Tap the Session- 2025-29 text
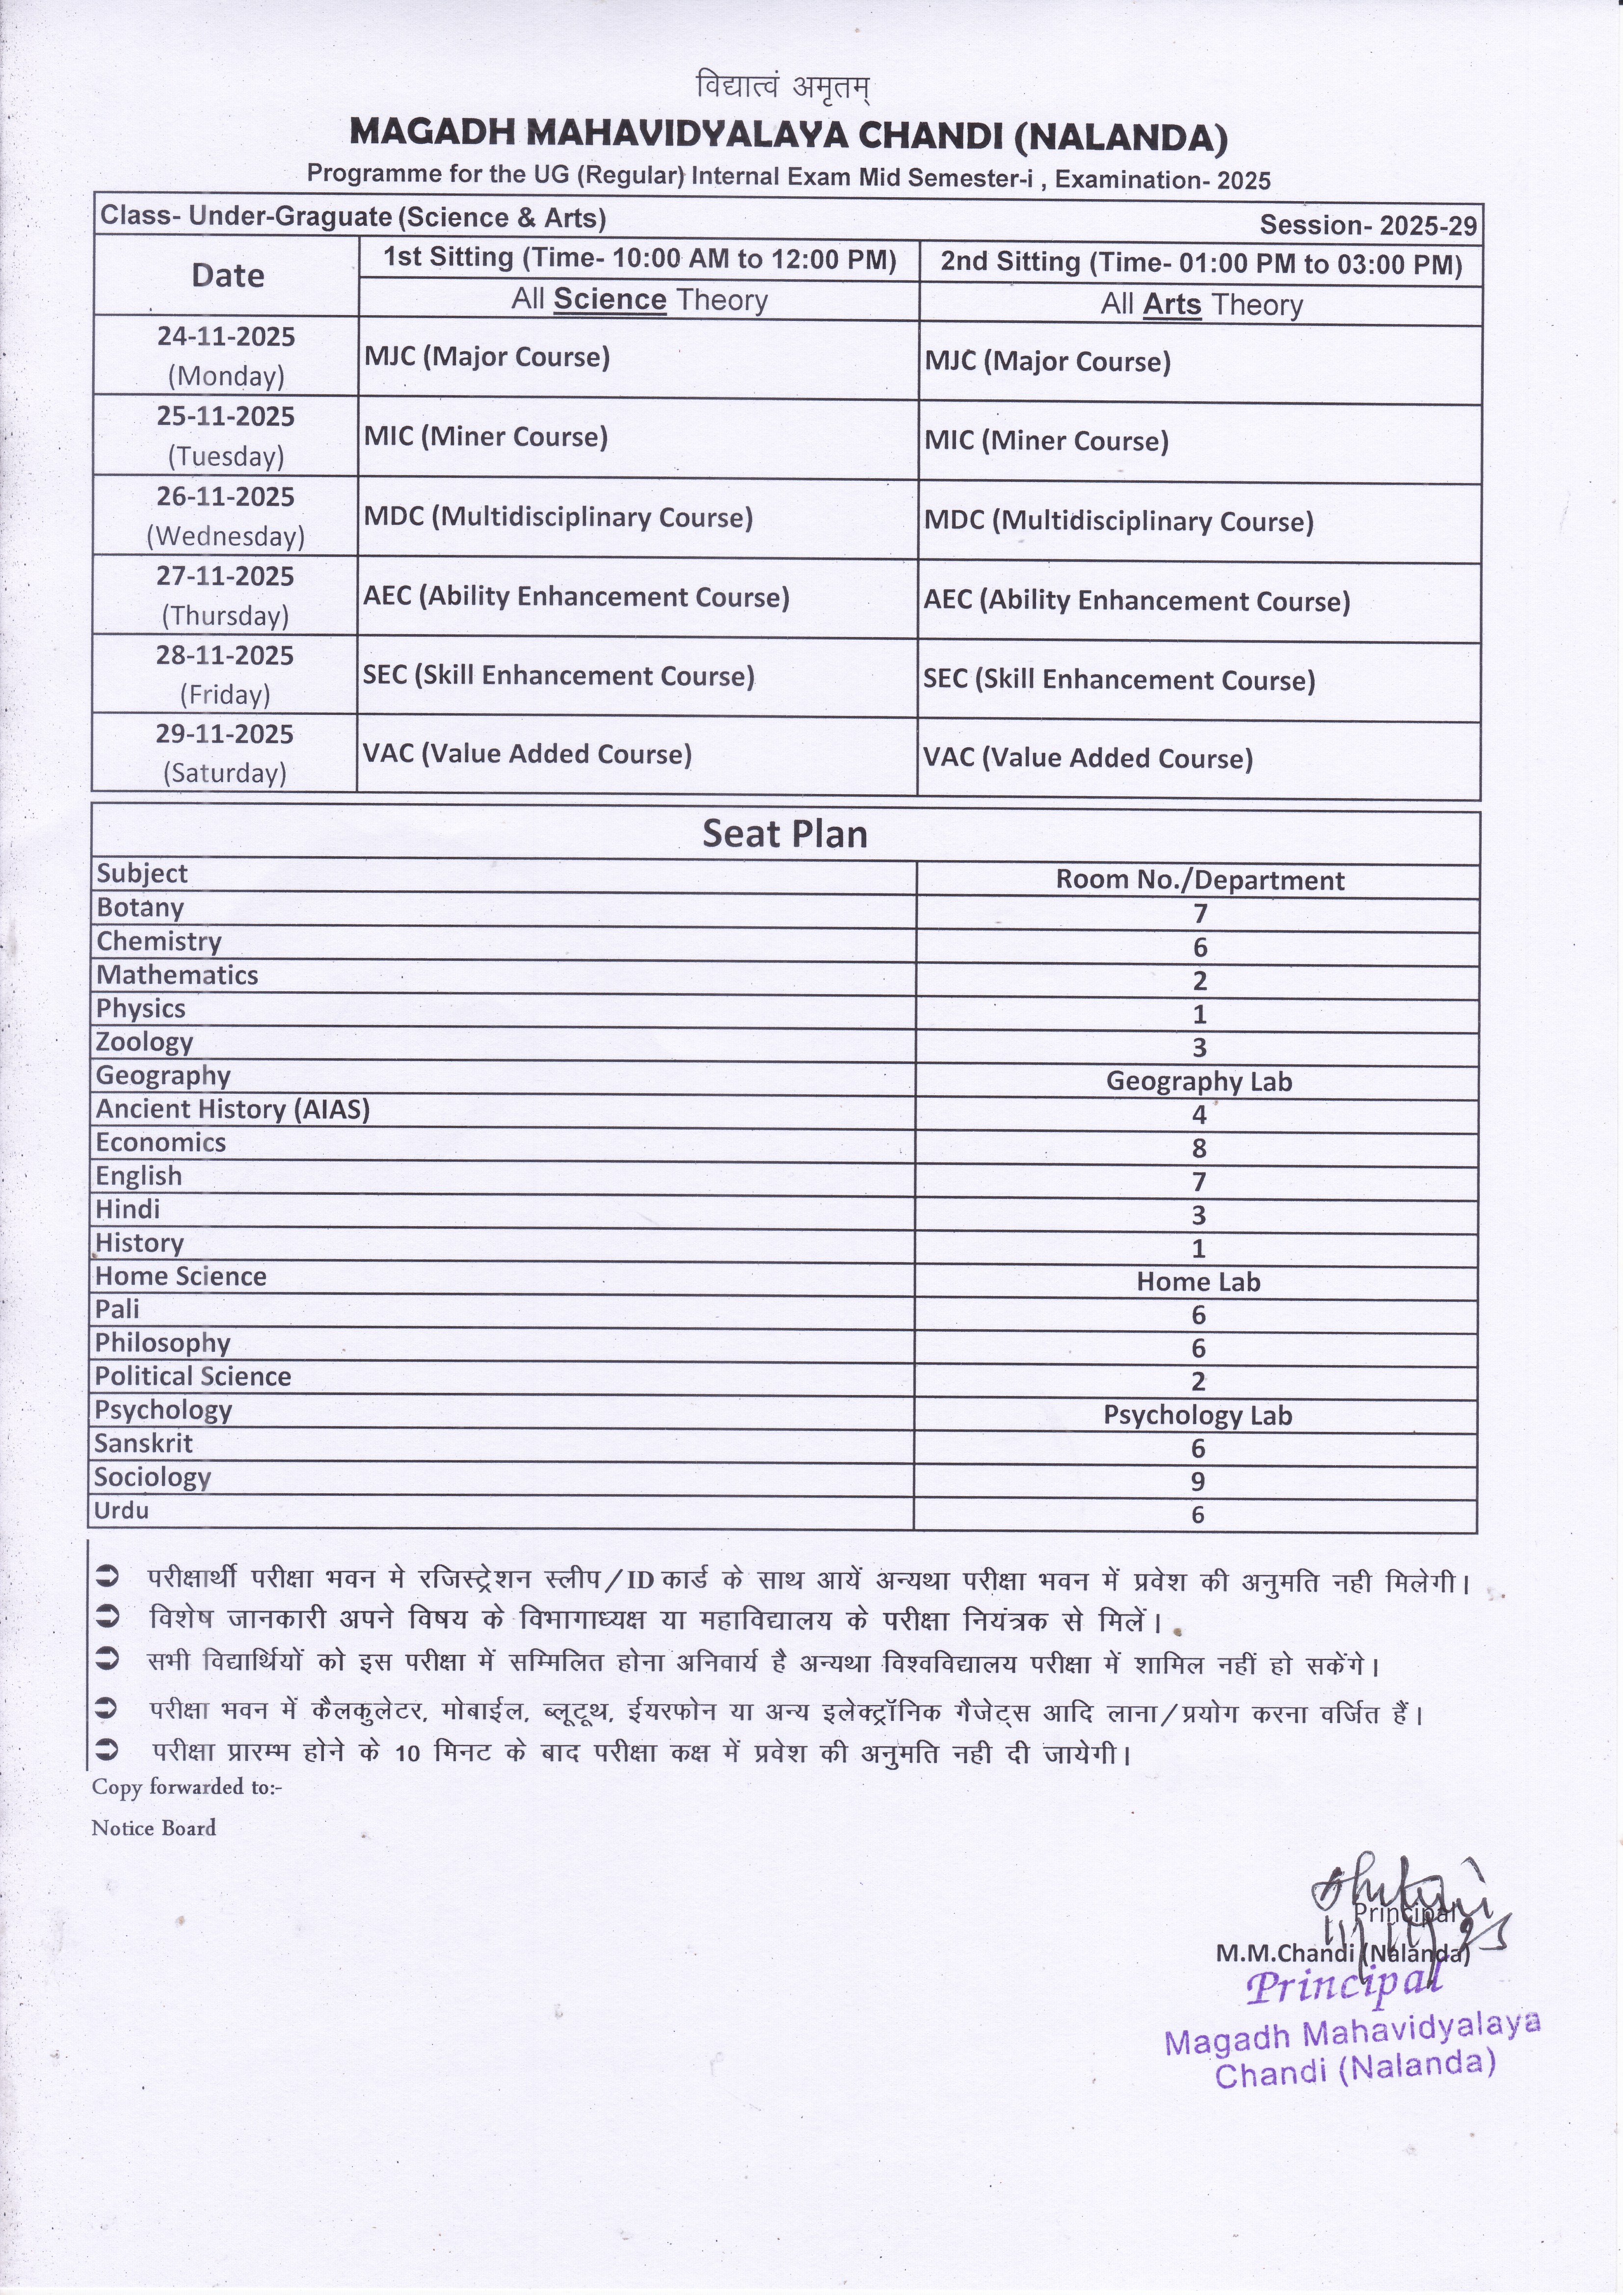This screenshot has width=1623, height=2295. tap(1367, 225)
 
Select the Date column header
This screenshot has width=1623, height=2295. tap(228, 276)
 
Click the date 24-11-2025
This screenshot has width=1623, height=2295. tap(226, 337)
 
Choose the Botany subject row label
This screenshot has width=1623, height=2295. tap(140, 908)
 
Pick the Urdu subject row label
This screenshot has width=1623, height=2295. tap(121, 1510)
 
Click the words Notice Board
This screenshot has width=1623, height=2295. tap(154, 1828)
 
